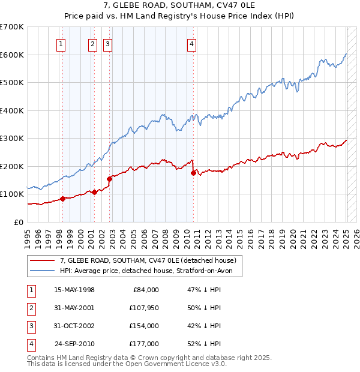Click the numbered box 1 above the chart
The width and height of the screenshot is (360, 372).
coord(62,43)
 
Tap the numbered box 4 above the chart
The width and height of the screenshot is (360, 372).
coord(191,43)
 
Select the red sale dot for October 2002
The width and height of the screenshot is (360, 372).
coord(110,179)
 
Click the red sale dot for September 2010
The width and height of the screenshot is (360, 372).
coord(193,173)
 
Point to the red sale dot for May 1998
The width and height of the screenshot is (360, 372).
coord(62,199)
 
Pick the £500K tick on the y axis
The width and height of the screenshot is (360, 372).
coord(12,83)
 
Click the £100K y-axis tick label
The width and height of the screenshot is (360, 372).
coord(12,194)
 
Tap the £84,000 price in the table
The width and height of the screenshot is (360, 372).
coord(145,290)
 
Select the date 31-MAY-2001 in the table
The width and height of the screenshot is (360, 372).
coord(74,308)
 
